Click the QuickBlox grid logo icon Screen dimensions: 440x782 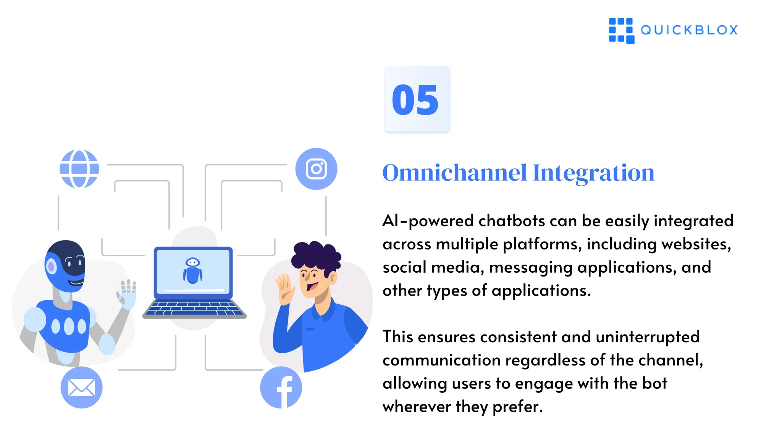coord(621,31)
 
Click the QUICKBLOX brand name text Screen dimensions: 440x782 coord(689,30)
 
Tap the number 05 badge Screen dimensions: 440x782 coord(417,100)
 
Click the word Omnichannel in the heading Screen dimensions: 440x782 coord(454,173)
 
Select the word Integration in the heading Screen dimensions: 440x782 coord(593,173)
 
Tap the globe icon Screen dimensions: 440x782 coord(79,169)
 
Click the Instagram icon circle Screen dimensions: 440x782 coord(316,169)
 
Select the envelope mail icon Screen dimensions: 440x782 coord(81,388)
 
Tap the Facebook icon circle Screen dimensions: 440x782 coord(281,388)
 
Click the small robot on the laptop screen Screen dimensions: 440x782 coord(193,270)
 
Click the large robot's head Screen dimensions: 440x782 coord(66,265)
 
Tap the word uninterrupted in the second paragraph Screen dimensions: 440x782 coord(647,337)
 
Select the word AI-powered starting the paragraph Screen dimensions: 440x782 coord(428,221)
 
